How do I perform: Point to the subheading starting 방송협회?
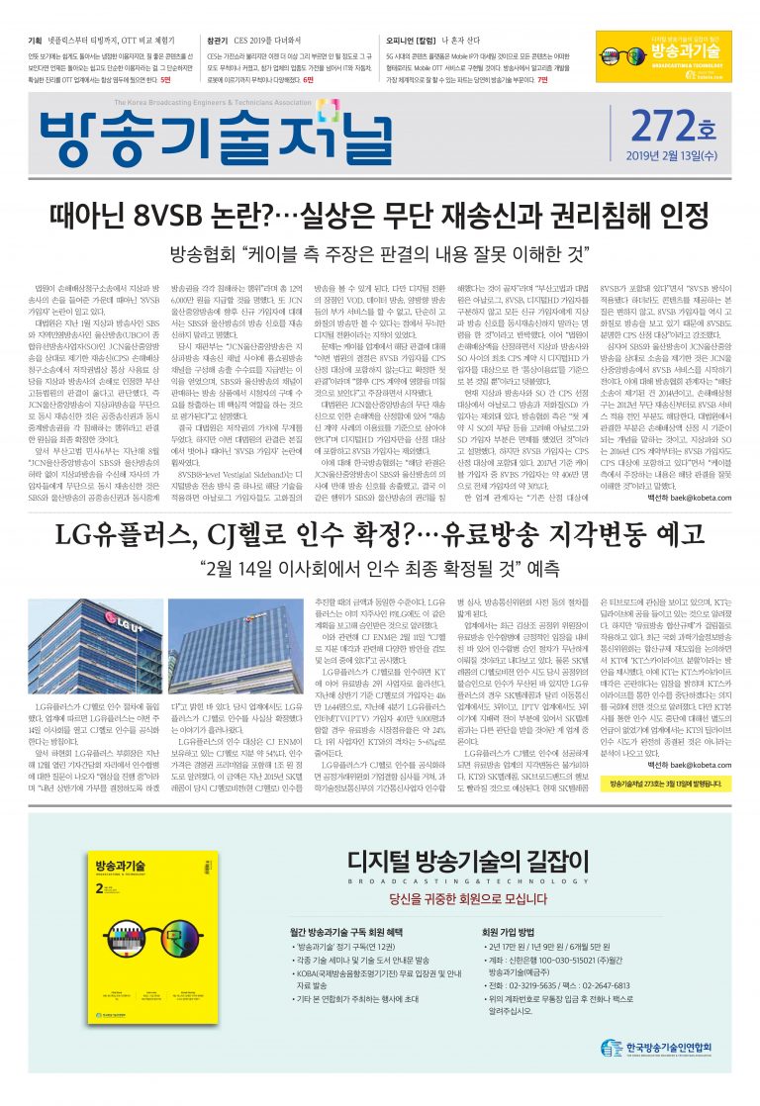[x=379, y=252]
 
